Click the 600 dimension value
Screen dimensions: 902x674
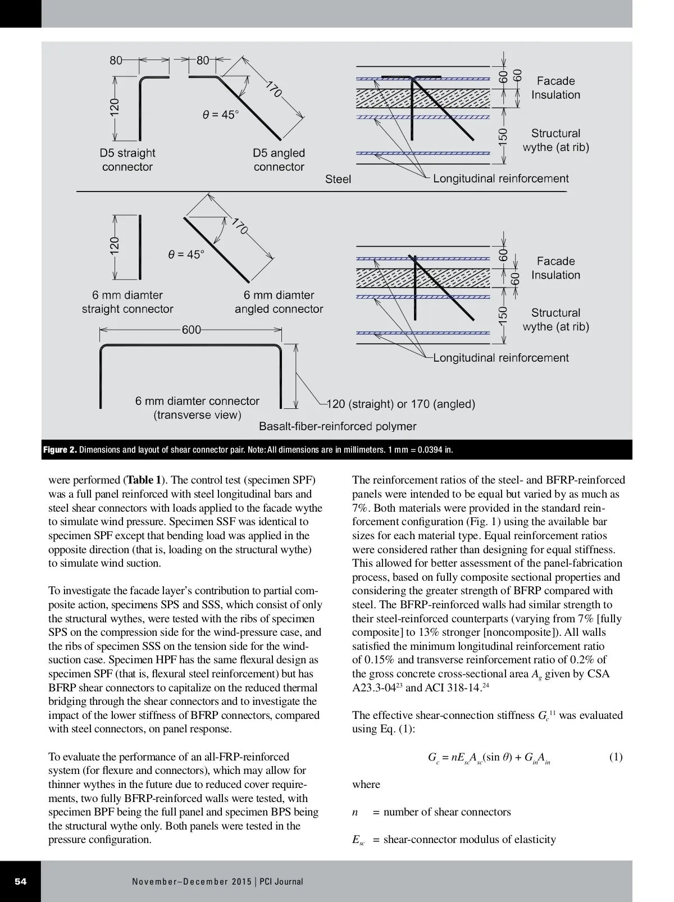tap(191, 330)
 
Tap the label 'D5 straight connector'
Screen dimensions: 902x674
tap(127, 160)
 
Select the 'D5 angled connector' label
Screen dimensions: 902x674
tap(279, 160)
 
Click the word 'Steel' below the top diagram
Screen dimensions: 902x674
tap(338, 179)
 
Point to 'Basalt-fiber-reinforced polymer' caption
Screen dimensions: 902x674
tap(338, 426)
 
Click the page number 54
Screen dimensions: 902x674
tap(20, 881)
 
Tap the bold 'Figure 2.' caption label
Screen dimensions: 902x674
tap(60, 450)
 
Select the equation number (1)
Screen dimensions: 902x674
tap(616, 757)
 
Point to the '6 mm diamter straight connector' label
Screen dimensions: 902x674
tap(127, 302)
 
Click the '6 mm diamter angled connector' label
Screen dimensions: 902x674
tap(279, 302)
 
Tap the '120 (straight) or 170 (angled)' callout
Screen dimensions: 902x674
tap(401, 404)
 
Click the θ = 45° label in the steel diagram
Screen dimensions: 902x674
tap(220, 115)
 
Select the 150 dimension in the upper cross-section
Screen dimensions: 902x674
tap(503, 137)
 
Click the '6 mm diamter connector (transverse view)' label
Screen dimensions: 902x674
tap(197, 408)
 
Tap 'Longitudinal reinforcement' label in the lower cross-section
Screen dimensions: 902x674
tap(500, 358)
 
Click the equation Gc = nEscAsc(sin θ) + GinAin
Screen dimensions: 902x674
tap(489, 758)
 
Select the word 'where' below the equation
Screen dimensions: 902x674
tap(366, 785)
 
